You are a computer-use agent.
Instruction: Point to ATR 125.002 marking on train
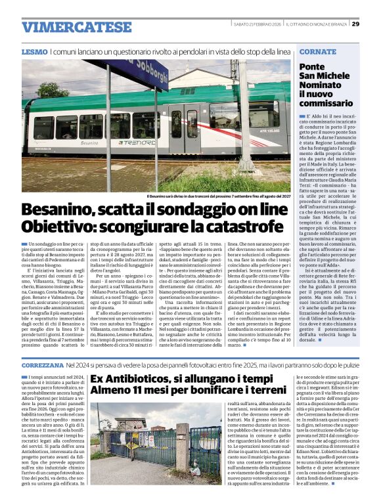pos(269,131)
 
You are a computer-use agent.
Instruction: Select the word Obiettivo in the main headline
pos(61,227)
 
